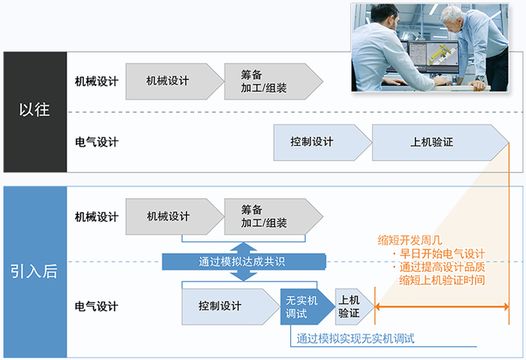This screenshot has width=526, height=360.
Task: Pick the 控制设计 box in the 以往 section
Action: pos(317,142)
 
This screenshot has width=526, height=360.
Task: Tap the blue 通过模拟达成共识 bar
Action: pos(243,262)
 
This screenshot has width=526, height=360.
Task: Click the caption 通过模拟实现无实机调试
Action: pos(356,338)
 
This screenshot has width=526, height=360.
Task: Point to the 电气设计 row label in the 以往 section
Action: pos(97,142)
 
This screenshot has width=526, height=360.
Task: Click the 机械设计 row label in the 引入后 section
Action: pos(97,216)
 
